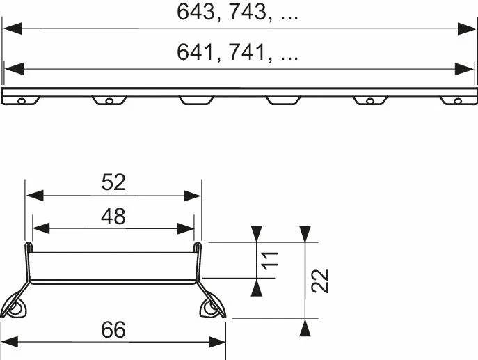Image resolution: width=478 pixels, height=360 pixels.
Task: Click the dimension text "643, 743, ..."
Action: [x=239, y=13]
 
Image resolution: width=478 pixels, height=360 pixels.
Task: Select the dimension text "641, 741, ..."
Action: [x=239, y=52]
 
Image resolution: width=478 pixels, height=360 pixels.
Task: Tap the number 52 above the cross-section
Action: [x=113, y=182]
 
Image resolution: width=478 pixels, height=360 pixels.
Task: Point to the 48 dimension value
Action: [x=113, y=217]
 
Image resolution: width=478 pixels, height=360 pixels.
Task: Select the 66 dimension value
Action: [x=113, y=330]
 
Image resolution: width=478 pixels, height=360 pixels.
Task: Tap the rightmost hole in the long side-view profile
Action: [x=457, y=102]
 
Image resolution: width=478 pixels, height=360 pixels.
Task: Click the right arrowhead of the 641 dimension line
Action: [x=465, y=69]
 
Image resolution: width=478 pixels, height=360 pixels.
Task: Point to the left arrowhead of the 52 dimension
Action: [x=33, y=197]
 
